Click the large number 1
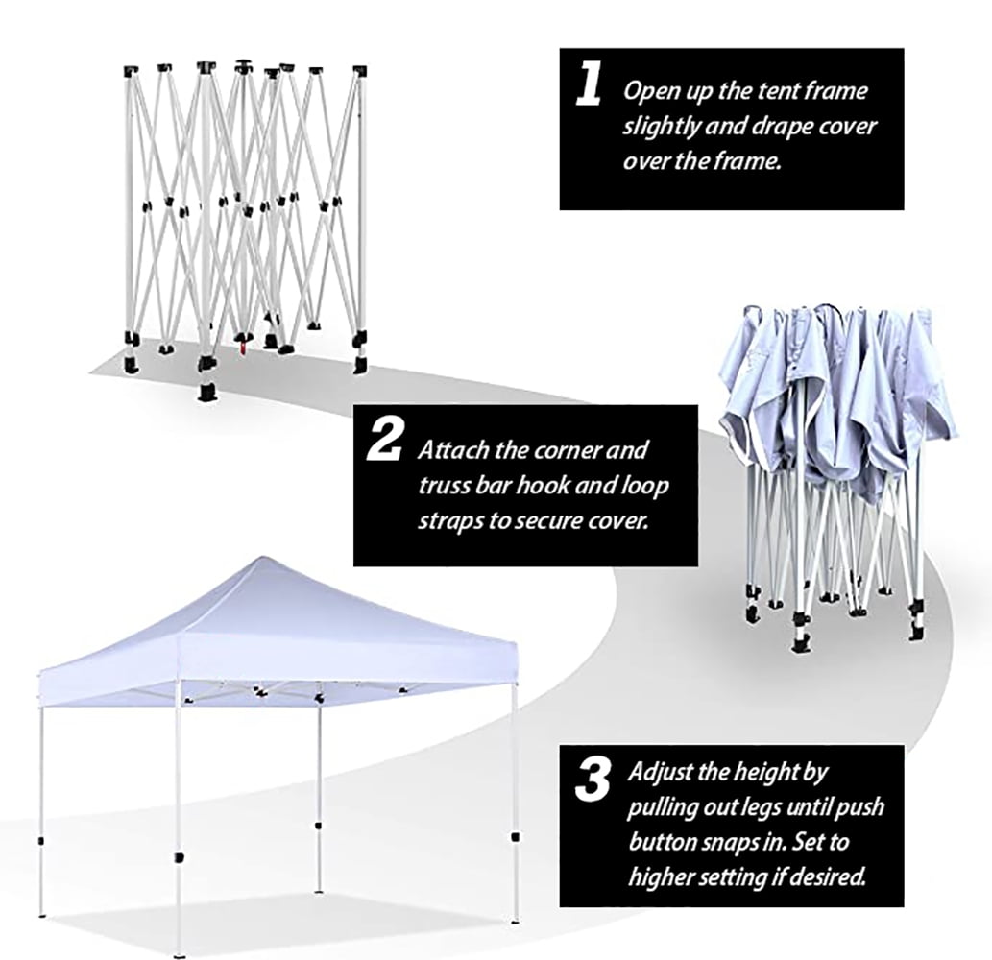[589, 85]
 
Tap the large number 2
[385, 442]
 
